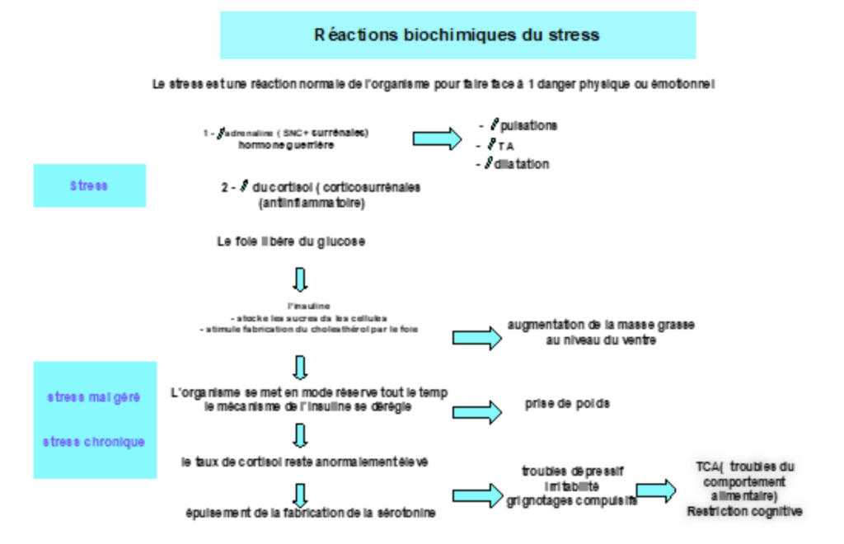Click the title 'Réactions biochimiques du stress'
[457, 35]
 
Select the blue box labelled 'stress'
[89, 185]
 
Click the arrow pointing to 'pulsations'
[437, 138]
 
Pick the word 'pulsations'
[528, 126]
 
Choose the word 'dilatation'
[523, 164]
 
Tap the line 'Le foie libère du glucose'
[290, 242]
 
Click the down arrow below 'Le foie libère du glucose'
[301, 279]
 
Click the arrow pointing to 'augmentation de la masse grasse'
[477, 336]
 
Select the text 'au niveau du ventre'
[601, 340]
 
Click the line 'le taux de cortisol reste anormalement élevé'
[305, 462]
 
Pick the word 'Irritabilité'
[572, 485]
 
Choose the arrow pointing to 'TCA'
[656, 490]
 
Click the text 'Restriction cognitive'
[744, 512]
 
